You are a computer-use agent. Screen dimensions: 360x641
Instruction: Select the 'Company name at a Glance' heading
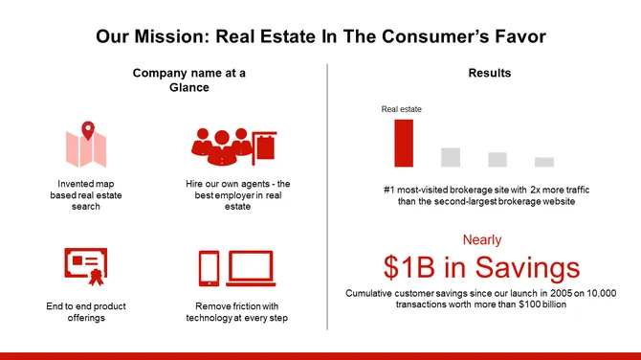(188, 80)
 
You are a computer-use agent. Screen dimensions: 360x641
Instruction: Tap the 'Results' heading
(489, 74)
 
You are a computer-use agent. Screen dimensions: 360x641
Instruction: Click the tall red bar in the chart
(404, 143)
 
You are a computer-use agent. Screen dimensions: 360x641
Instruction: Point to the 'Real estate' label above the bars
(402, 109)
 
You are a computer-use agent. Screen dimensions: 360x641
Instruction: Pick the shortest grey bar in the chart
(544, 162)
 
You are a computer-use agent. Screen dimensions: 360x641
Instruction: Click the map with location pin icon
(85, 145)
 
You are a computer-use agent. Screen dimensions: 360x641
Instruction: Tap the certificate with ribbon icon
(85, 267)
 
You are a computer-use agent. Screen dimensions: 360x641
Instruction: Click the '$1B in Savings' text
(481, 266)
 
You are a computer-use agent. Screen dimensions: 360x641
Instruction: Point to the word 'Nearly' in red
(482, 239)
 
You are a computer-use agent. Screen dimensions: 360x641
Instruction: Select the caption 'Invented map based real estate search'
(85, 194)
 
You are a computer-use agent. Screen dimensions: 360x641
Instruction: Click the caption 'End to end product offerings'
(85, 312)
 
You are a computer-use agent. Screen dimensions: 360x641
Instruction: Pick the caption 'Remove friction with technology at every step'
(236, 312)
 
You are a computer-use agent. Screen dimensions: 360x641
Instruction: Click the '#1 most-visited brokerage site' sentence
(486, 196)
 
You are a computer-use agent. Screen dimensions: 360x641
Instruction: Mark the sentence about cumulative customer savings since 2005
(481, 298)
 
